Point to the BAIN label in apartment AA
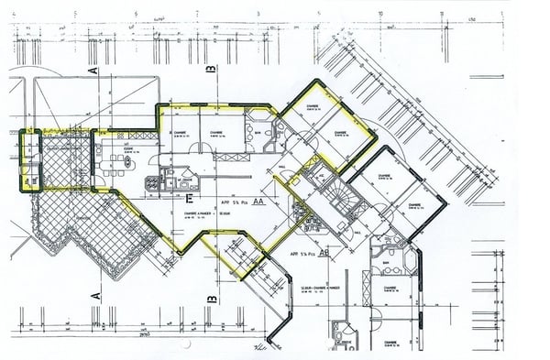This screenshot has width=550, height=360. (x=259, y=133)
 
